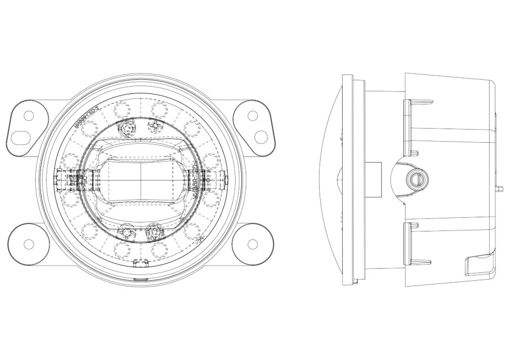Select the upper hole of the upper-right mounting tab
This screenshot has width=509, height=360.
coord(252,115)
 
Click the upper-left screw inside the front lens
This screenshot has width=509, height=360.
coord(126,126)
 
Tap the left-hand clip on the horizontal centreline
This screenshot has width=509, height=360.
coord(67,179)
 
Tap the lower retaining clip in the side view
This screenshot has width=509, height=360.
coord(414,242)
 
